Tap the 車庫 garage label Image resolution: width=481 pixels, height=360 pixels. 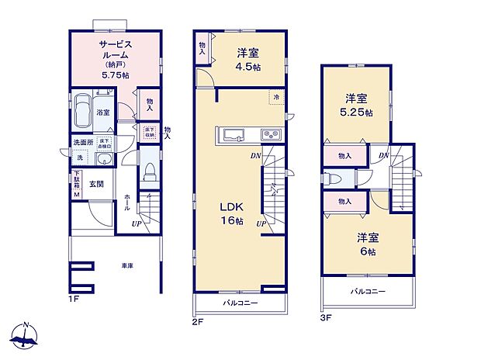(x=126, y=266)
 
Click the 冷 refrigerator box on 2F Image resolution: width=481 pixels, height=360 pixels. (x=275, y=98)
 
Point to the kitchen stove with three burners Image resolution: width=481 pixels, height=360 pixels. (x=271, y=135)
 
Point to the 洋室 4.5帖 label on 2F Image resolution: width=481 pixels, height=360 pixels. (x=248, y=60)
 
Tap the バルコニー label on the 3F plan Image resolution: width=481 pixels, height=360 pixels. (x=368, y=292)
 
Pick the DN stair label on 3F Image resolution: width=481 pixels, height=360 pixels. (x=383, y=155)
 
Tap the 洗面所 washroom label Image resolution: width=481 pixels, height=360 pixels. (x=82, y=143)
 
